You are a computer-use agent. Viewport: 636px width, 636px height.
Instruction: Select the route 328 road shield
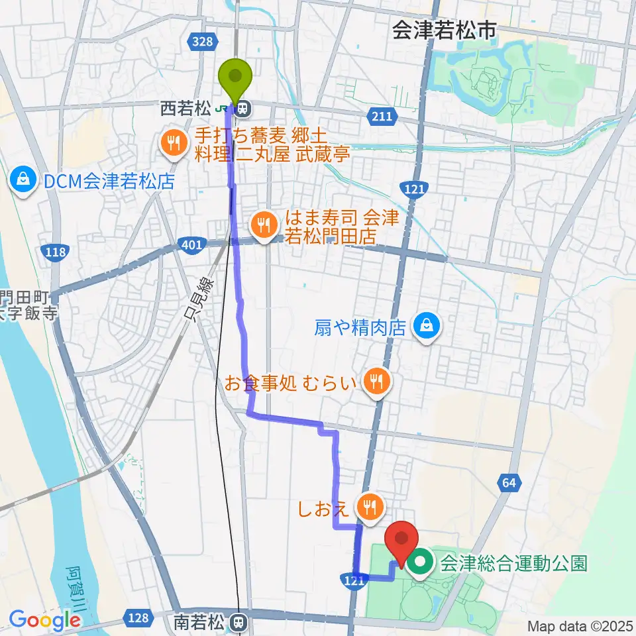point(203,42)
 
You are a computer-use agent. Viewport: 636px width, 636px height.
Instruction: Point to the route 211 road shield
point(381,117)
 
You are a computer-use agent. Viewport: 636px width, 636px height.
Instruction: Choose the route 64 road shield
point(508,484)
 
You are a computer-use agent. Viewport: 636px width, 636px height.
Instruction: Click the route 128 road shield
point(138,617)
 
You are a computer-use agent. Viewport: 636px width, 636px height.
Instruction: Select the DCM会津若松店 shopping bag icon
point(23,180)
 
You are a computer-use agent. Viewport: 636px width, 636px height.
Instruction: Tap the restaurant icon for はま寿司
point(264,223)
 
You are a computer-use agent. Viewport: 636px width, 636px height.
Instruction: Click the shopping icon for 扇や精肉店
point(423,326)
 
